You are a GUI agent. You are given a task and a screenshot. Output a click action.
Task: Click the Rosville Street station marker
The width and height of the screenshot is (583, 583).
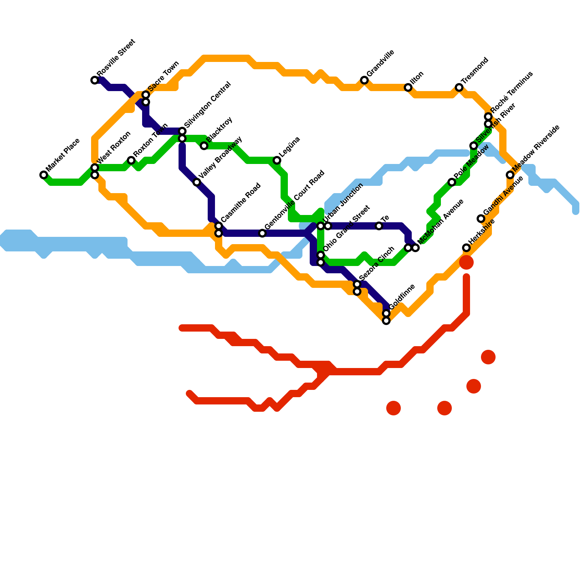(95, 80)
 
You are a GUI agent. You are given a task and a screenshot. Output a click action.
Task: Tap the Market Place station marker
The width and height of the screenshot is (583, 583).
(44, 175)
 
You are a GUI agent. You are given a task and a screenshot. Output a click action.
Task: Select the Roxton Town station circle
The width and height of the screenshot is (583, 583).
(131, 160)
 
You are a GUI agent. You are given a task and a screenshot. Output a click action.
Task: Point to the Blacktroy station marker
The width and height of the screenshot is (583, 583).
(204, 146)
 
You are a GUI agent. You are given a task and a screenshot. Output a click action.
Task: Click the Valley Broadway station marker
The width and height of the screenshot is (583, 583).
(197, 182)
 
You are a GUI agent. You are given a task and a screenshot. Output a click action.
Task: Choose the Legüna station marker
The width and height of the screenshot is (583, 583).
(277, 160)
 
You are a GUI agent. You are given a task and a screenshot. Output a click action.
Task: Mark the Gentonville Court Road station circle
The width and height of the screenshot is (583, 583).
(262, 233)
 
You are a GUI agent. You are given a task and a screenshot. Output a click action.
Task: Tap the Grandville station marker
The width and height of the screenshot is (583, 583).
(364, 80)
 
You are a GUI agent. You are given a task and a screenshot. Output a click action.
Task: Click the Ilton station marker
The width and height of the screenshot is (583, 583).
(408, 87)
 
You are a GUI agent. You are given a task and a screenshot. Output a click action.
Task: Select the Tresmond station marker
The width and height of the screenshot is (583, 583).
(459, 87)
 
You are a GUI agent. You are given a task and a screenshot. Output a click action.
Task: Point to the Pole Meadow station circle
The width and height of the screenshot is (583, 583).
(452, 182)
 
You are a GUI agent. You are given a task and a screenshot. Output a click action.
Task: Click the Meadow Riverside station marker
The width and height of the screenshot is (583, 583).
(510, 175)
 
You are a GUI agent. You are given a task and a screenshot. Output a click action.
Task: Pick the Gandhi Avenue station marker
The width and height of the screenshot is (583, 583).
(481, 219)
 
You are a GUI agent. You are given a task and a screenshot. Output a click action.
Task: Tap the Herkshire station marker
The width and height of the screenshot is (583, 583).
(466, 248)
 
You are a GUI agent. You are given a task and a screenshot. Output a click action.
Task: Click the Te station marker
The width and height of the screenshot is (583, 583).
(379, 226)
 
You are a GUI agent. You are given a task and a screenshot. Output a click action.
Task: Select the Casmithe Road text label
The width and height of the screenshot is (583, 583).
(241, 202)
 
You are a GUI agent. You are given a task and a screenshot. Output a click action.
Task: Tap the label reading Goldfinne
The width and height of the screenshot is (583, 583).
(402, 296)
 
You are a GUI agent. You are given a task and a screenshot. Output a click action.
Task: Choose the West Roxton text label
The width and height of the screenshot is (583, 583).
(114, 147)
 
